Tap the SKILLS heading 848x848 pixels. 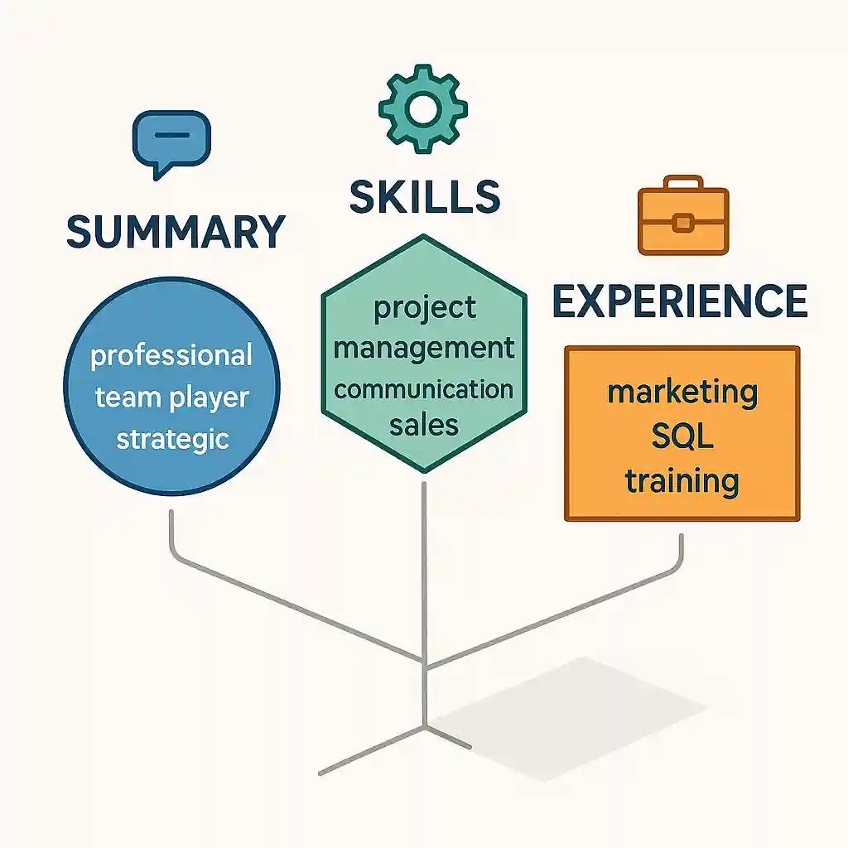click(424, 196)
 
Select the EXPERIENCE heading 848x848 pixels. click(680, 301)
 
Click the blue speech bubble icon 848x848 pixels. click(171, 142)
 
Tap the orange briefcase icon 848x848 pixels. click(683, 215)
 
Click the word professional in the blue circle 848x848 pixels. click(171, 356)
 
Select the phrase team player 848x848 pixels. click(171, 397)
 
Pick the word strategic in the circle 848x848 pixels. click(171, 438)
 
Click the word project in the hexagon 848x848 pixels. click(425, 307)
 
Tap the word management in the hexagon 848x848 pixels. click(424, 348)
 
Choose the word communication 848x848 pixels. click(424, 388)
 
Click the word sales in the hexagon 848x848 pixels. click(424, 425)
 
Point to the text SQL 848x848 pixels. click(682, 436)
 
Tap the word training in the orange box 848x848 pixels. click(682, 480)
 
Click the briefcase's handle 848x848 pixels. click(683, 182)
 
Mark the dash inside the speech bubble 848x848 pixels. click(172, 135)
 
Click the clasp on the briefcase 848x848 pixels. click(683, 221)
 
